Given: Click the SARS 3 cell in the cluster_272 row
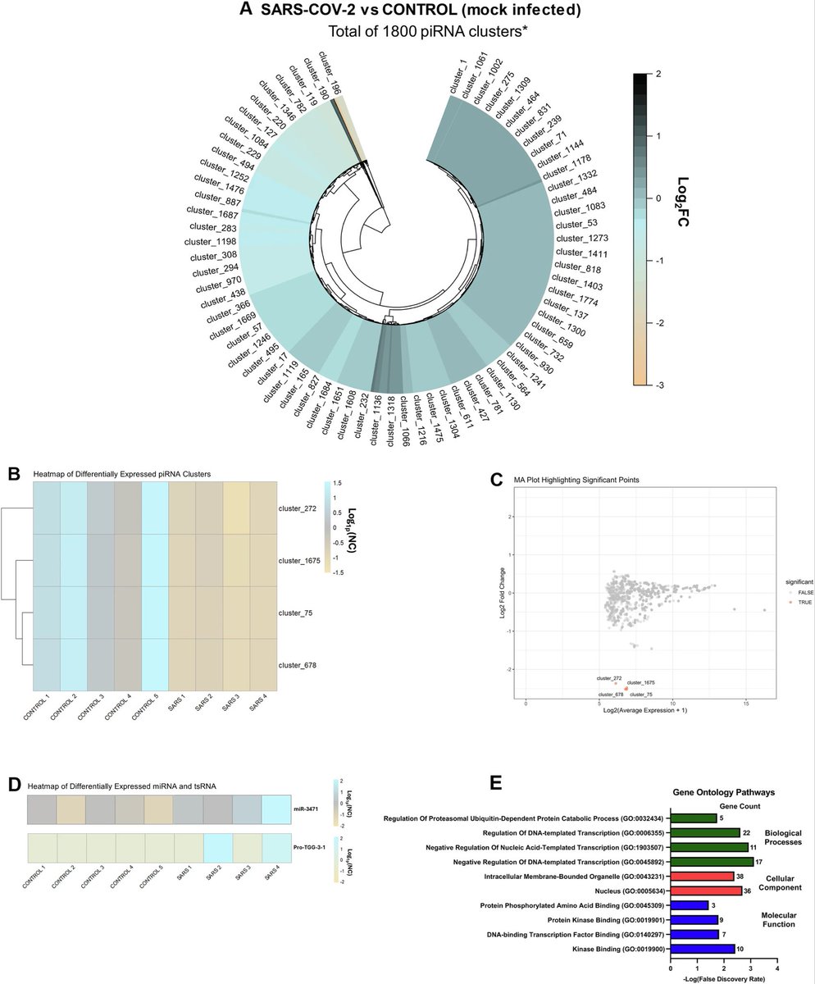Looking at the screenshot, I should point(235,508).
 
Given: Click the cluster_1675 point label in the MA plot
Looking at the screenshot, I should point(640,682).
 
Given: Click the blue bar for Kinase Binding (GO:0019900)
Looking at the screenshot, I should point(702,949).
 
